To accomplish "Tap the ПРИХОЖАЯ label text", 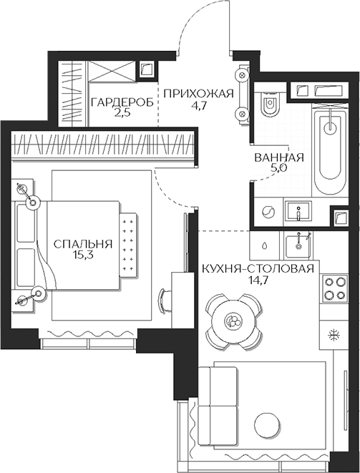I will pyautogui.click(x=198, y=94).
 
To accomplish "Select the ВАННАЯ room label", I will pyautogui.click(x=279, y=159).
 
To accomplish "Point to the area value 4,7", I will pyautogui.click(x=198, y=106).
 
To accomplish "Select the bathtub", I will pyautogui.click(x=330, y=143).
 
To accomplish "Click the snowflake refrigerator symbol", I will pyautogui.click(x=332, y=335).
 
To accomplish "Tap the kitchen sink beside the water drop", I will pyautogui.click(x=297, y=245).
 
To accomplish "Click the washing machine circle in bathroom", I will pyautogui.click(x=266, y=213).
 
